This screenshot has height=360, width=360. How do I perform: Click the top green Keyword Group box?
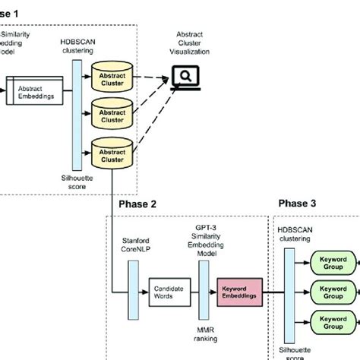[x=333, y=264]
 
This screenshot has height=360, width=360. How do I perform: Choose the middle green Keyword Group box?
[x=333, y=292]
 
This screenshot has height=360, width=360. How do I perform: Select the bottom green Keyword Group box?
[x=333, y=321]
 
